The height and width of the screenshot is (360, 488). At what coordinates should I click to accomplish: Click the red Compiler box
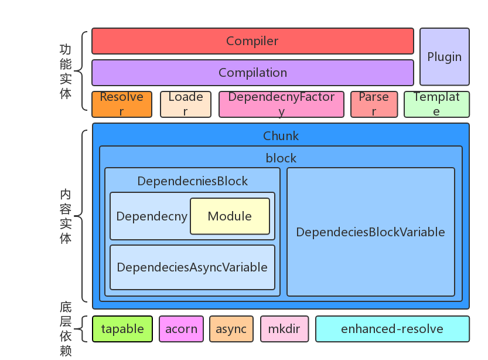tap(252, 41)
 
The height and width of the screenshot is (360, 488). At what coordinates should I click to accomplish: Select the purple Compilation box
tap(252, 73)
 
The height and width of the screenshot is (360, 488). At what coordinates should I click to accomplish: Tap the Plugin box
tap(444, 57)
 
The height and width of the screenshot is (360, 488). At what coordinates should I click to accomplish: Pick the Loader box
tap(185, 104)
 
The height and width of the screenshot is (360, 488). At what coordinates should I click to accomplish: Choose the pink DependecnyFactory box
tap(281, 104)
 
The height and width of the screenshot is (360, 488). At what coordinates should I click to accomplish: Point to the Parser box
tap(374, 104)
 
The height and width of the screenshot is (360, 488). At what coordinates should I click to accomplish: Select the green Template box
tap(436, 104)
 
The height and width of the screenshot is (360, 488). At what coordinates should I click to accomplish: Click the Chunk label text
tap(281, 136)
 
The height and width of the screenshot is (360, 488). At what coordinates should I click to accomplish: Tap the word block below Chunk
tap(281, 158)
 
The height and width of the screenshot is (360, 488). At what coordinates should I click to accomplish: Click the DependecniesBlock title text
tap(192, 181)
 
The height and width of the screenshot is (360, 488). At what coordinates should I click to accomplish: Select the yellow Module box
tap(230, 216)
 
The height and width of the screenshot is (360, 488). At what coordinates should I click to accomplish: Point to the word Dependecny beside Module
tap(152, 216)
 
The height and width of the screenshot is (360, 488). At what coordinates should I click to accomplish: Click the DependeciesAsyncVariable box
tap(192, 267)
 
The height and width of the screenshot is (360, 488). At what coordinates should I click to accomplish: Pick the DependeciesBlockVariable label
tap(370, 232)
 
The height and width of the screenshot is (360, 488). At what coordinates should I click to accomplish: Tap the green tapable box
tap(122, 329)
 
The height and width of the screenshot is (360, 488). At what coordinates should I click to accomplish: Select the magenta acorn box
tap(181, 329)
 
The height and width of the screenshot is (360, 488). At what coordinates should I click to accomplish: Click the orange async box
tap(231, 329)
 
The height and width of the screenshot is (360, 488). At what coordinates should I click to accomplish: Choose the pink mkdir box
tap(284, 329)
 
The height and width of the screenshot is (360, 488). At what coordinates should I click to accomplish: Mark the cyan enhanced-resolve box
tap(392, 329)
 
